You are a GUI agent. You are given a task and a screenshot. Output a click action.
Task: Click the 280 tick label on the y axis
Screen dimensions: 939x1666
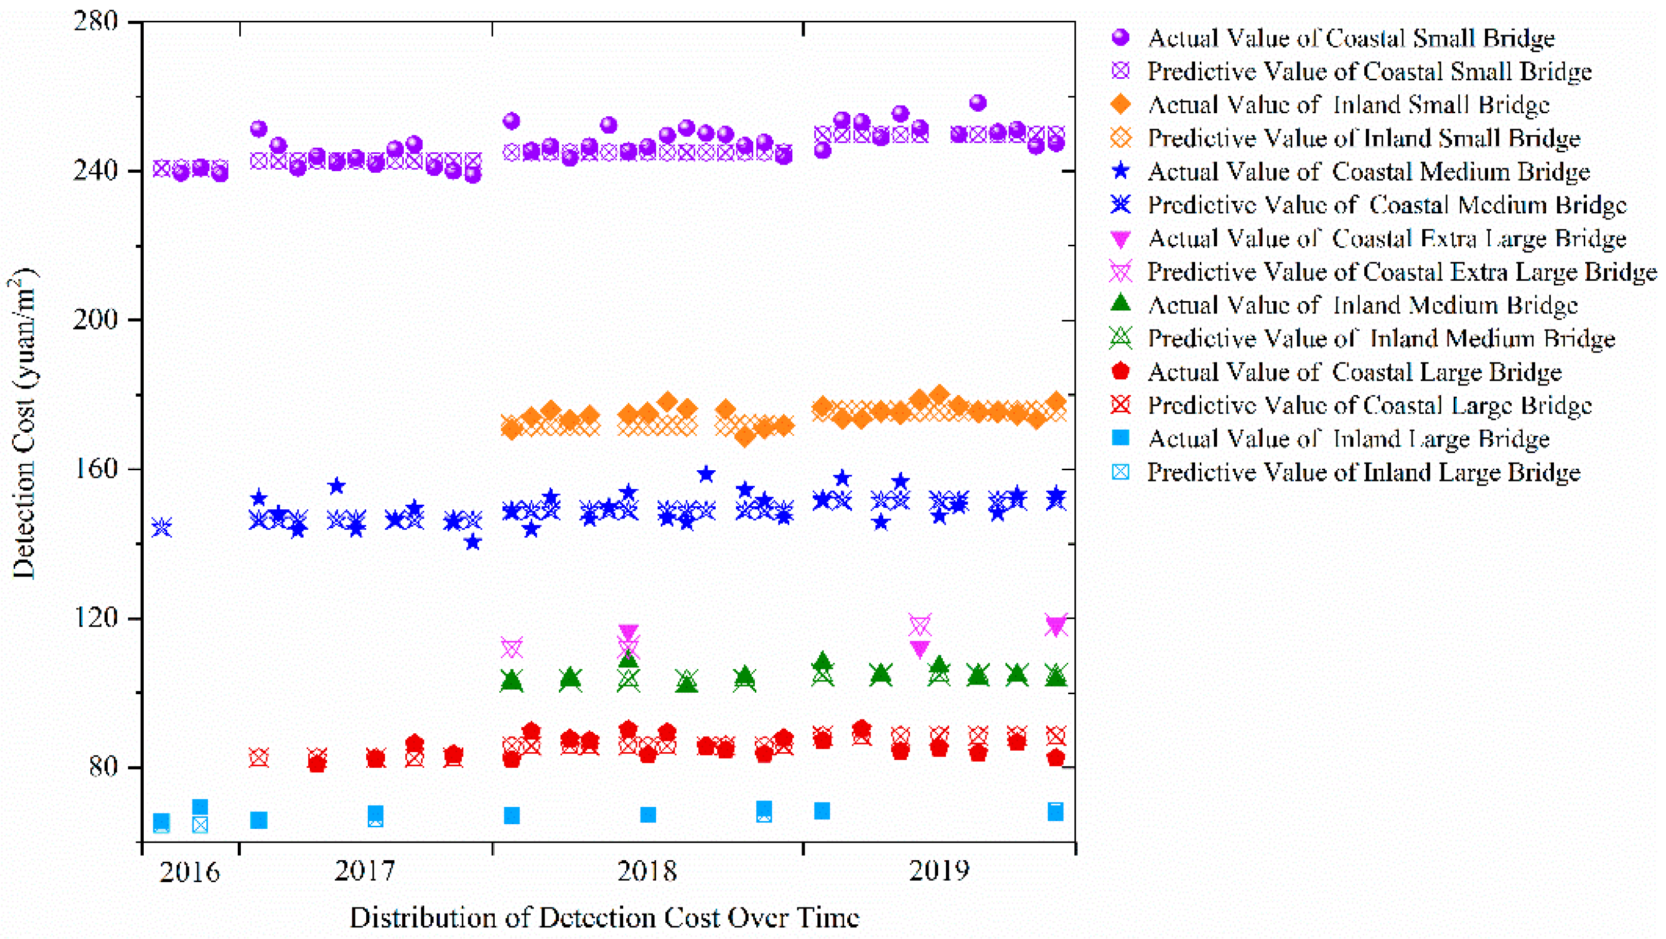(x=95, y=22)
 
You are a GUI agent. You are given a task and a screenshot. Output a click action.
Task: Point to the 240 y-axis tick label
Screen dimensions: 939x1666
(x=95, y=171)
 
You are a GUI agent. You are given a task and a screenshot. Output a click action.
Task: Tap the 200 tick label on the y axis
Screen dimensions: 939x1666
(x=95, y=320)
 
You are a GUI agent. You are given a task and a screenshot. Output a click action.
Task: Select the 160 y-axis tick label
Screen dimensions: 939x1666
(x=95, y=469)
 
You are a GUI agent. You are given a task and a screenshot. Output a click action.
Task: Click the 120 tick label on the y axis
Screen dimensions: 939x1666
(x=95, y=618)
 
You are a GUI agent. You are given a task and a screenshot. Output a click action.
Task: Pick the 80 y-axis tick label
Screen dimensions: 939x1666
(x=104, y=767)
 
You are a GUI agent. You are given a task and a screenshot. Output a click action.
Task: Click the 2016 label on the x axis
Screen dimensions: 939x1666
(x=190, y=872)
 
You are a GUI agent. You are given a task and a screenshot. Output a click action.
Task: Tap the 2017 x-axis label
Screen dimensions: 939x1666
(x=365, y=871)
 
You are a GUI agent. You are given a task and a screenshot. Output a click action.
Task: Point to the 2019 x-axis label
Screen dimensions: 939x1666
(x=939, y=871)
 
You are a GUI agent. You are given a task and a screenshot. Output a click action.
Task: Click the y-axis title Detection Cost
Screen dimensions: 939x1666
(x=24, y=424)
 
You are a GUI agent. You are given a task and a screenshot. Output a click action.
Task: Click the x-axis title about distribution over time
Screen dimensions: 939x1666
(x=605, y=918)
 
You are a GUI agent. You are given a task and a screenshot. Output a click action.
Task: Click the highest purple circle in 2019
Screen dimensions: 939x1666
(x=978, y=103)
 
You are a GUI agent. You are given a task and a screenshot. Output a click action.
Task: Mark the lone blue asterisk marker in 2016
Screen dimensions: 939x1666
(x=162, y=528)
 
